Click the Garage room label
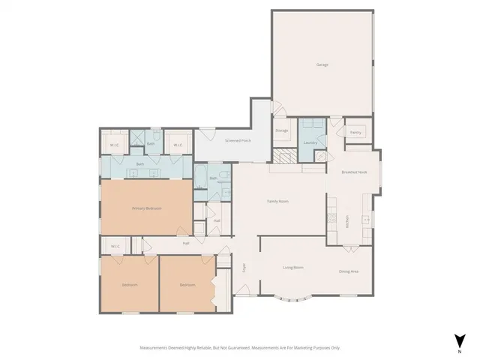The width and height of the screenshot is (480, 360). tap(322, 64)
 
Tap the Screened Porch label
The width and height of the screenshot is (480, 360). tap(238, 140)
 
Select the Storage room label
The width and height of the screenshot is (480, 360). tap(281, 130)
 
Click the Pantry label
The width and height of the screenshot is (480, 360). tap(355, 133)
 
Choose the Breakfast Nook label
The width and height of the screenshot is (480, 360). tap(353, 172)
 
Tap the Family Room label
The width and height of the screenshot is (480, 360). tap(279, 201)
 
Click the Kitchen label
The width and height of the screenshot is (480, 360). tap(347, 223)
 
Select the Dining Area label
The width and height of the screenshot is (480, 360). tap(348, 271)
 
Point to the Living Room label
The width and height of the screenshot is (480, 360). tap(292, 267)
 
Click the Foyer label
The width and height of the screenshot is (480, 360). tap(244, 268)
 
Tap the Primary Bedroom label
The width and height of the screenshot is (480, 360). tap(147, 208)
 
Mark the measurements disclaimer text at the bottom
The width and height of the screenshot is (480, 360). tap(240, 347)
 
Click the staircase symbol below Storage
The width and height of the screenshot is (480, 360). tap(284, 157)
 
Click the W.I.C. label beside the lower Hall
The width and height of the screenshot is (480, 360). tap(116, 246)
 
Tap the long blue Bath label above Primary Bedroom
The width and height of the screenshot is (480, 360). tap(139, 163)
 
